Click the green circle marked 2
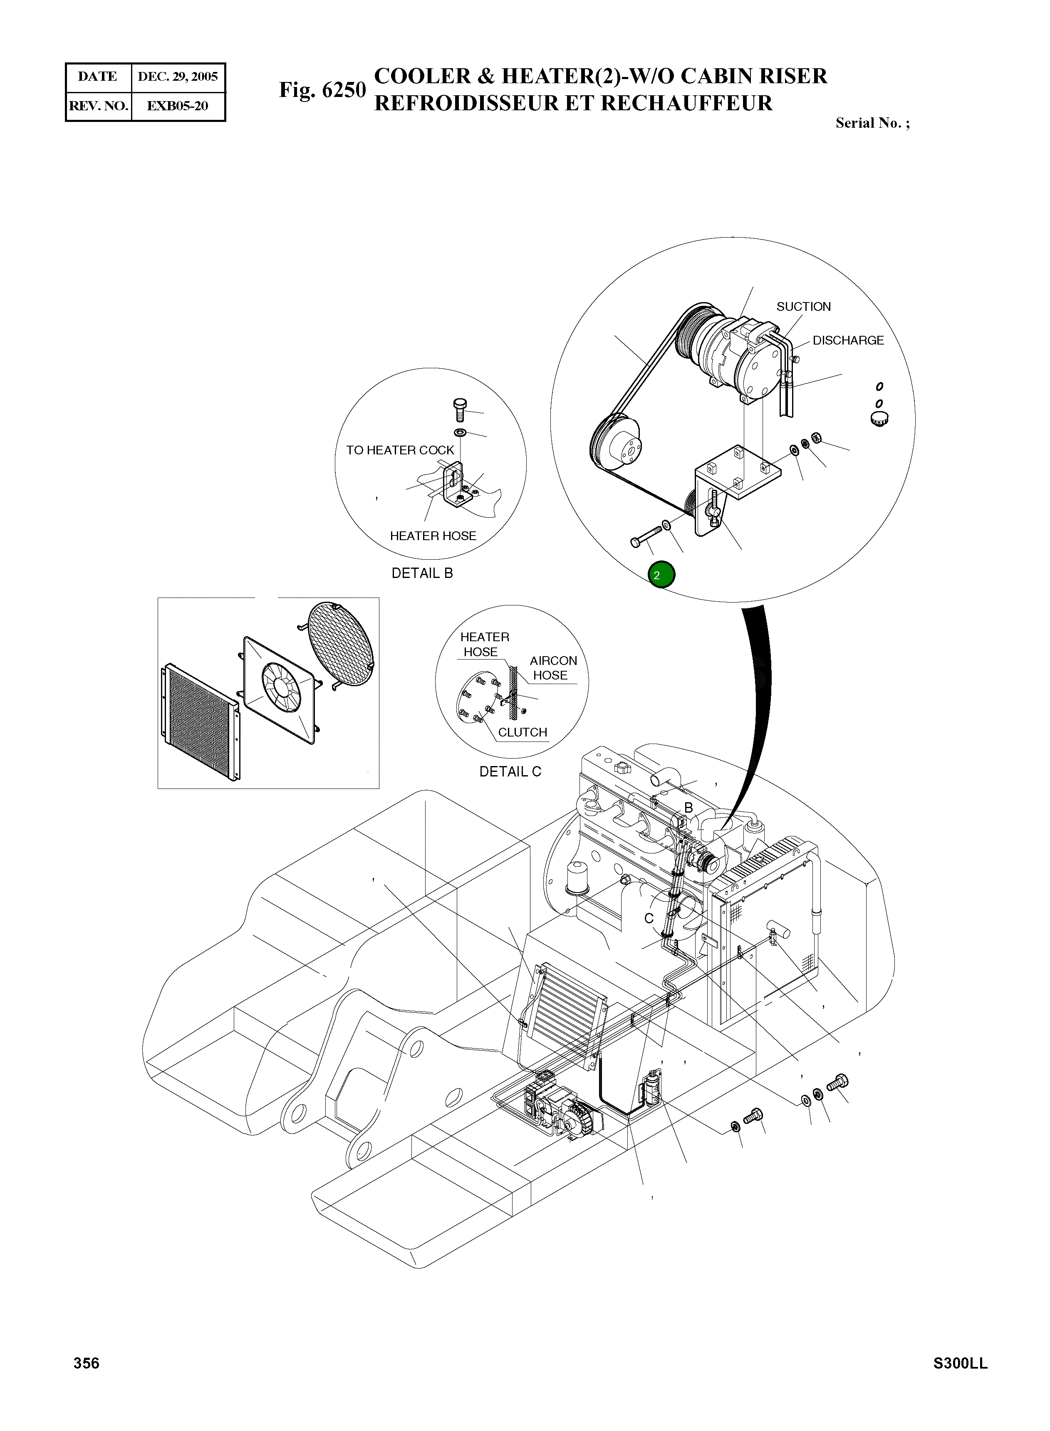661,575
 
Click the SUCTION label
803,306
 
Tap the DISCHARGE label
848,340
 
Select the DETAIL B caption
422,573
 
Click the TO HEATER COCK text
400,450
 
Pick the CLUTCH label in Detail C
523,732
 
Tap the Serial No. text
872,123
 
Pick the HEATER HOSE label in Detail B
433,536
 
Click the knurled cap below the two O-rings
879,419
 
